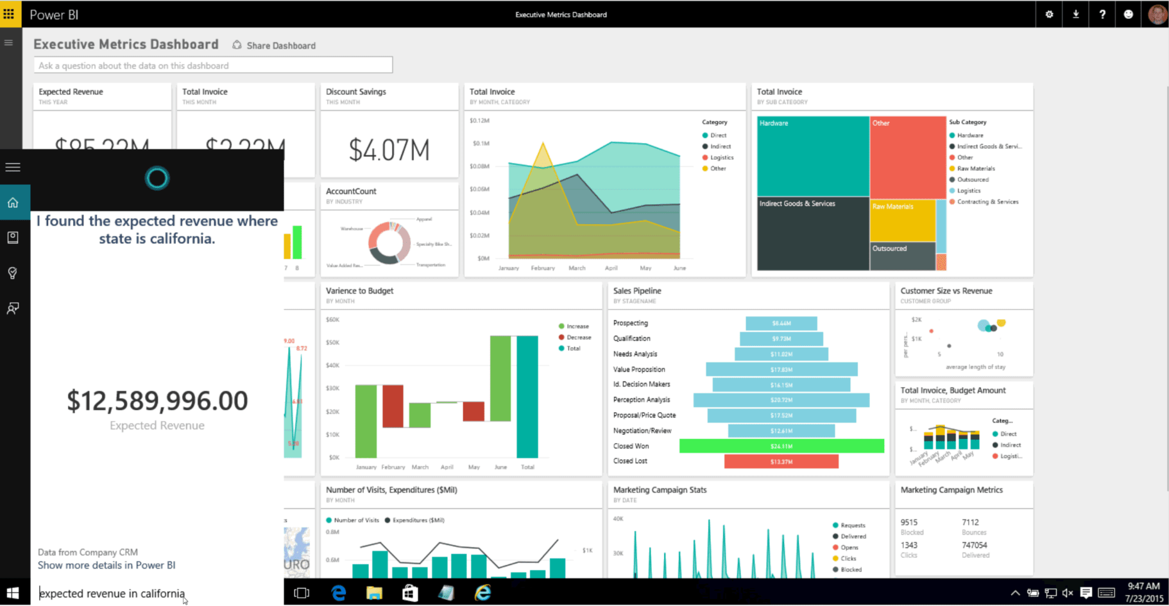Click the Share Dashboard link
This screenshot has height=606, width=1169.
pos(280,46)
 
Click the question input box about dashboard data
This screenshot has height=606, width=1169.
pos(212,65)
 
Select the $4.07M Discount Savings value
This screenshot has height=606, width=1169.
pos(389,150)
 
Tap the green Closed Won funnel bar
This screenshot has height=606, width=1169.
pos(781,446)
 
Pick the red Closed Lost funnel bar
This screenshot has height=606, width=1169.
pos(781,462)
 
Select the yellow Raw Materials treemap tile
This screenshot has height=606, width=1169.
pos(902,221)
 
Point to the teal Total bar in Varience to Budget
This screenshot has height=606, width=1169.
pos(527,396)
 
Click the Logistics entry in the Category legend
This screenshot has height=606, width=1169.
pos(721,157)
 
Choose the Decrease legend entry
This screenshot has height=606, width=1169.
pos(578,338)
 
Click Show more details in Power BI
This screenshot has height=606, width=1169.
pos(107,566)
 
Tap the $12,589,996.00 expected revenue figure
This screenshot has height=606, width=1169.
pos(157,401)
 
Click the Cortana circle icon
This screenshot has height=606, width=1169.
pos(157,178)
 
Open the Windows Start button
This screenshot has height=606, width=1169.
pos(13,593)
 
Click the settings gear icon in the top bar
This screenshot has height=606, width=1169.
pos(1049,14)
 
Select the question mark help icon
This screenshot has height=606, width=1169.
pos(1102,14)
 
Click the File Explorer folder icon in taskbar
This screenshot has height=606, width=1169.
pos(374,593)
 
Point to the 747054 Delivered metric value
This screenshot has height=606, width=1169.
pos(974,545)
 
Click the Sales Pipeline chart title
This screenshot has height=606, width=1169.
pos(637,291)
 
